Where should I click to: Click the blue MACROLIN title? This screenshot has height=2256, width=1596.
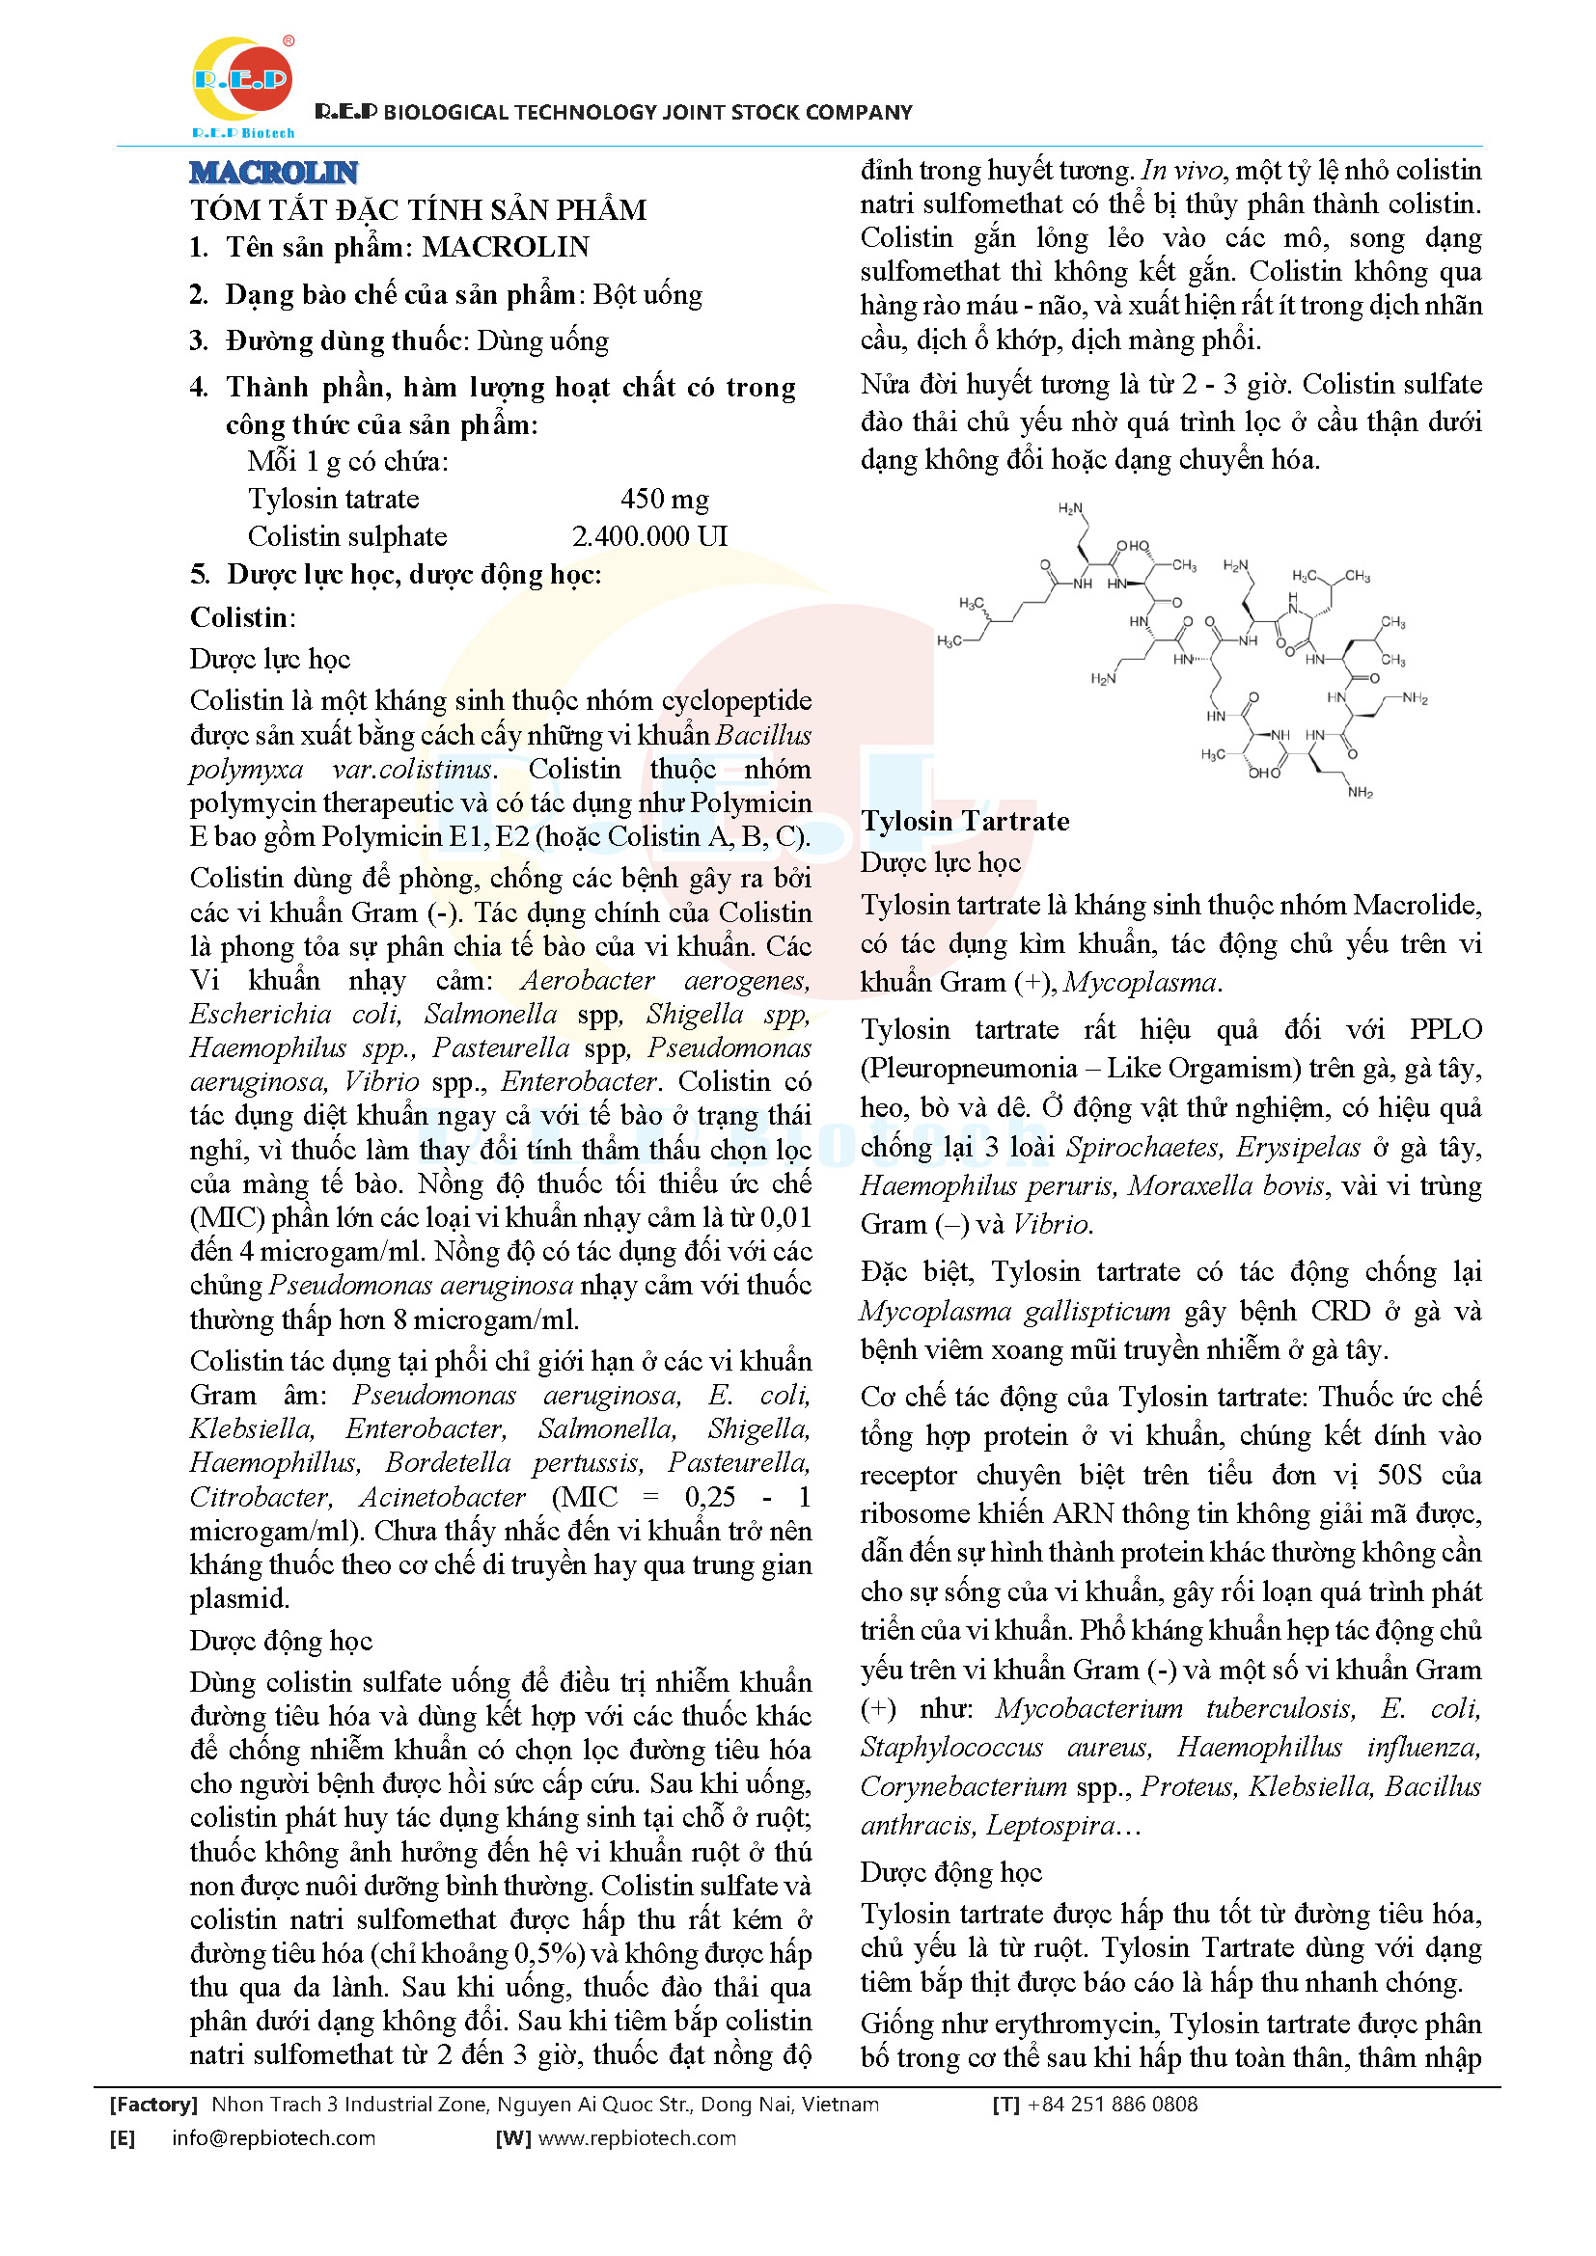click(x=273, y=173)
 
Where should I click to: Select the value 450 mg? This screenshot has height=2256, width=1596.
click(x=664, y=500)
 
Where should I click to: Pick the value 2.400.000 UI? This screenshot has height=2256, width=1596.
click(x=649, y=536)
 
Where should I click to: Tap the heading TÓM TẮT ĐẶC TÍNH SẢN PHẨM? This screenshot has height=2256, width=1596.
click(x=418, y=210)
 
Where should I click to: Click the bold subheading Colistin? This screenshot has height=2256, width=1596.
click(x=243, y=617)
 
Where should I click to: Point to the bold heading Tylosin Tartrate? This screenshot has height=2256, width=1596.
click(x=965, y=821)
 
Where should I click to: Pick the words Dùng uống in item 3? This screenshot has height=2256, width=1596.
click(x=542, y=340)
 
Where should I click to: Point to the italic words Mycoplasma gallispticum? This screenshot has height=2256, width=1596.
click(x=1015, y=1311)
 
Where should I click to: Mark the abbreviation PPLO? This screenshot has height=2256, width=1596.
click(x=1445, y=1029)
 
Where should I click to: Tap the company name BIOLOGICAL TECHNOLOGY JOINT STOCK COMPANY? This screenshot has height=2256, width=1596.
click(x=647, y=113)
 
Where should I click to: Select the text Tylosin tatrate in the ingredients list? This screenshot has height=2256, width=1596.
click(x=333, y=500)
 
